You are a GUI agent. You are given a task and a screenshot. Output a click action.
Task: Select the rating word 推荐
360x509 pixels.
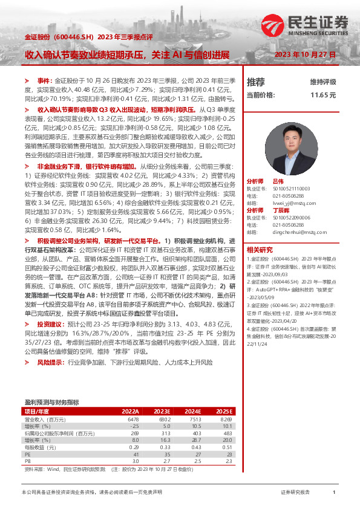point(255,82)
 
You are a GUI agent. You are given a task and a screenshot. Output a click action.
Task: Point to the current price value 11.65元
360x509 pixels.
point(322,95)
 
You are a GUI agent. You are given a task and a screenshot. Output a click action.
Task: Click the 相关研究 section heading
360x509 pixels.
point(259,250)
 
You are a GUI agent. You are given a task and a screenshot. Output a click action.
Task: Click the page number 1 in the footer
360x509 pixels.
point(334,493)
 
